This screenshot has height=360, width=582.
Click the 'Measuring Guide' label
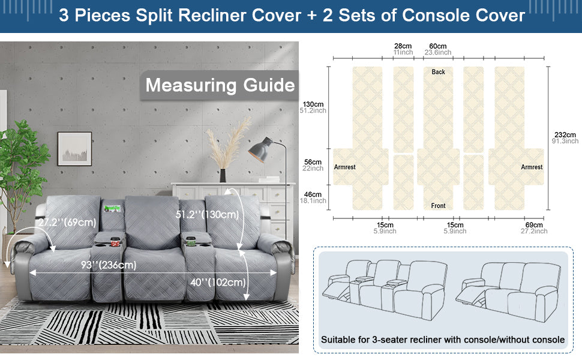click(x=220, y=85)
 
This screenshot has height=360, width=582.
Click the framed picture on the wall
click(x=74, y=148)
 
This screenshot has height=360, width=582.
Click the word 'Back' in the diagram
click(x=439, y=72)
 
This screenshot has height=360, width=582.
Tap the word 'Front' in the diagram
click(x=439, y=206)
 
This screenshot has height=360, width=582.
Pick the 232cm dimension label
click(x=564, y=134)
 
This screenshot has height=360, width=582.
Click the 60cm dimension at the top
click(x=438, y=46)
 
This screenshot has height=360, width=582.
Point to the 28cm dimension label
click(x=403, y=46)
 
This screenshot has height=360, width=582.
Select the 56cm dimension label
click(x=313, y=162)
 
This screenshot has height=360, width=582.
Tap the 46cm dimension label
click(x=313, y=194)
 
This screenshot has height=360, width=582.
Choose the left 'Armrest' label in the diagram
click(x=345, y=167)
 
